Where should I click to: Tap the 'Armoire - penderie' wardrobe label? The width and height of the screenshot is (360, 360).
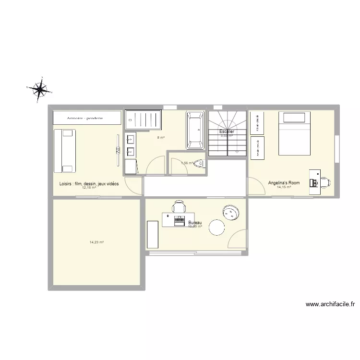point(86,118)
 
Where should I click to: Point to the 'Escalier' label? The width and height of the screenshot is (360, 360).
point(227,132)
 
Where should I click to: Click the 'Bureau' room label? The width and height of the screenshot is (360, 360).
point(195,223)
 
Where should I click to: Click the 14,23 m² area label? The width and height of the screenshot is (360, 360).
point(96,242)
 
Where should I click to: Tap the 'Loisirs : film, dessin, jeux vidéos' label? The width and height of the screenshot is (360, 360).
point(89,184)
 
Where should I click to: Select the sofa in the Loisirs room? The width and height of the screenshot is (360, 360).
point(63,150)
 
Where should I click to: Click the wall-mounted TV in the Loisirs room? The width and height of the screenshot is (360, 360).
point(117,150)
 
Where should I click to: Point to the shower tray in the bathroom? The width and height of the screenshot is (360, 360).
point(143,120)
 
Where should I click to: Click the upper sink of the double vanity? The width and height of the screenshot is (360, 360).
point(131,140)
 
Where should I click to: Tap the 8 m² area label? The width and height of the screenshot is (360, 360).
point(161,138)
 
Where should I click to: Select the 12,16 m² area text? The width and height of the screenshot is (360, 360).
point(89,188)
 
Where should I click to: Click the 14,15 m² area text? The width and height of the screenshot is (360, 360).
point(284,187)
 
